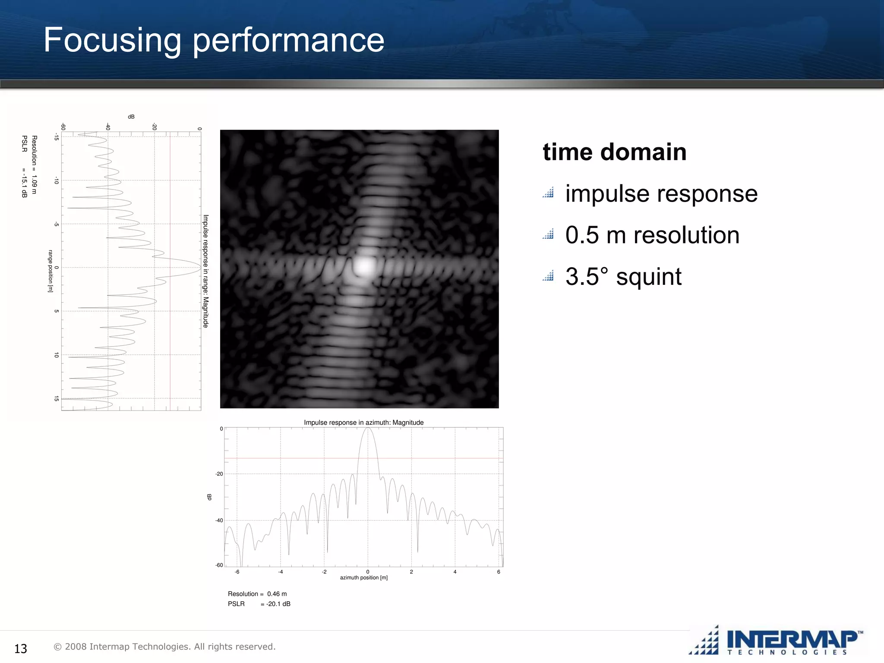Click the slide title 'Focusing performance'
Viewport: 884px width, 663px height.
click(214, 40)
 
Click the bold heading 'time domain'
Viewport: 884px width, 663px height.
click(614, 152)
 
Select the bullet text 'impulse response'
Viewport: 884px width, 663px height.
click(661, 193)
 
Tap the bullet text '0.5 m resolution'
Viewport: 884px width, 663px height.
click(652, 235)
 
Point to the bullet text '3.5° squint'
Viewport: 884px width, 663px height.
click(623, 277)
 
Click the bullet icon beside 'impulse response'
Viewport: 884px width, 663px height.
click(548, 193)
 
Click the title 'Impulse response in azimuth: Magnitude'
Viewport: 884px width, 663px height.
click(363, 423)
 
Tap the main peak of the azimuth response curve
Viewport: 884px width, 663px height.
click(368, 429)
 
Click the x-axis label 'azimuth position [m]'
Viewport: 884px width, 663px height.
click(363, 578)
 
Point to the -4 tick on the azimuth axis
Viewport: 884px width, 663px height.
click(281, 572)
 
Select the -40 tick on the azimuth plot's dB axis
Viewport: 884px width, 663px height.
click(219, 521)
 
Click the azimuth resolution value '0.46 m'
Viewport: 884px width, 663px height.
click(277, 594)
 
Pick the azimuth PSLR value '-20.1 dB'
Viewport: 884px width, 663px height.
click(278, 604)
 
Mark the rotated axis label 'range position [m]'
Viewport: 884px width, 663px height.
click(51, 271)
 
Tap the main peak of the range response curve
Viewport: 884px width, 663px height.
click(200, 268)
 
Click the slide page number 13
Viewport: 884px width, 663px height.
click(21, 648)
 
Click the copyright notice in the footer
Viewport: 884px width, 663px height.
click(164, 647)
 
